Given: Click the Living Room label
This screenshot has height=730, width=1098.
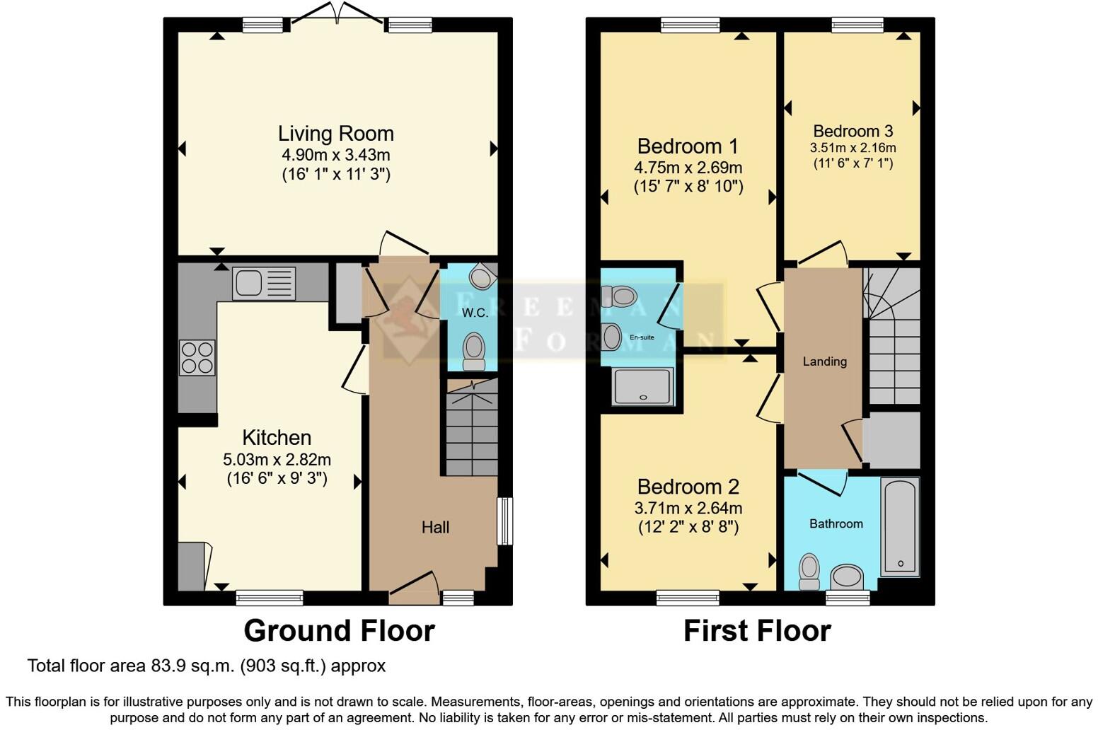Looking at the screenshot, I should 335,133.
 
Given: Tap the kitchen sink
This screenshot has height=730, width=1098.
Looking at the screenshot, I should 263,283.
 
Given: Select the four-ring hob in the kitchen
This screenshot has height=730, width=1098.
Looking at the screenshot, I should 197,357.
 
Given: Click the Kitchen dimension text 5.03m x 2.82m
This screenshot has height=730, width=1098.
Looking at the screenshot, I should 277,459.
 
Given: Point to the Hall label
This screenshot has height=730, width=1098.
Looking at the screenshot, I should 435,527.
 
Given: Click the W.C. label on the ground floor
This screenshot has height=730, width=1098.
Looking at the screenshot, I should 475,313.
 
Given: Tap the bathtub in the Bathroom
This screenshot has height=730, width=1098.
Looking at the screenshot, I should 900,526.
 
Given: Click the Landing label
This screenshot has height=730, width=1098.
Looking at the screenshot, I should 824,361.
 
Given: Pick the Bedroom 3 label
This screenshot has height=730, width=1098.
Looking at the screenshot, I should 853,131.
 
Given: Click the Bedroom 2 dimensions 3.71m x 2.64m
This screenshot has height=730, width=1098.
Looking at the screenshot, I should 688,508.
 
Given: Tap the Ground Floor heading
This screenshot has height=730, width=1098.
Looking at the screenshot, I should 339,630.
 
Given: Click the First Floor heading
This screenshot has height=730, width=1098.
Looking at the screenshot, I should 756,630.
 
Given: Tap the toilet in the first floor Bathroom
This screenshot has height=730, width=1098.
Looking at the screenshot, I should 809,571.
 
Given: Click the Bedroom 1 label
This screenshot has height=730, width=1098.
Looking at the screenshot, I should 687,146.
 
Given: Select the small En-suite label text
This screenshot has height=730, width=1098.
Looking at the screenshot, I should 642,337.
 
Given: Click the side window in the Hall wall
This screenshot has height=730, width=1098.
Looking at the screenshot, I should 504,521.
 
